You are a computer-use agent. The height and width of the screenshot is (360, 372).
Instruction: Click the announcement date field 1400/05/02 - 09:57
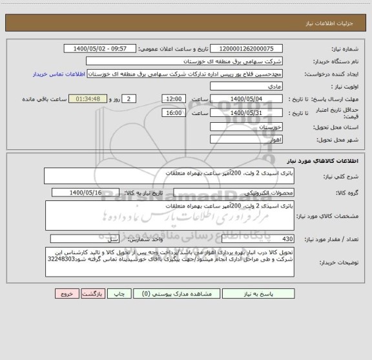[101, 48]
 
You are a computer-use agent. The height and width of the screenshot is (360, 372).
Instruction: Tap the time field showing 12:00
[173, 99]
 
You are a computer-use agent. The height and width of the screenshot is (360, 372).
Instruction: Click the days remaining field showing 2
[130, 99]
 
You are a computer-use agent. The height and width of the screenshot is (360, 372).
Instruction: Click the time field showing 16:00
[173, 112]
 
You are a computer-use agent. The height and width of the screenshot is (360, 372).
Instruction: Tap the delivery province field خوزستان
[247, 127]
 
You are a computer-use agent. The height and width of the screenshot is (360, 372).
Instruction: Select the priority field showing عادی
[247, 86]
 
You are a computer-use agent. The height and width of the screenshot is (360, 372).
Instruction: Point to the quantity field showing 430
[247, 238]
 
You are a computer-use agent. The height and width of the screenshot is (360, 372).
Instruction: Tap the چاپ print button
[119, 293]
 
